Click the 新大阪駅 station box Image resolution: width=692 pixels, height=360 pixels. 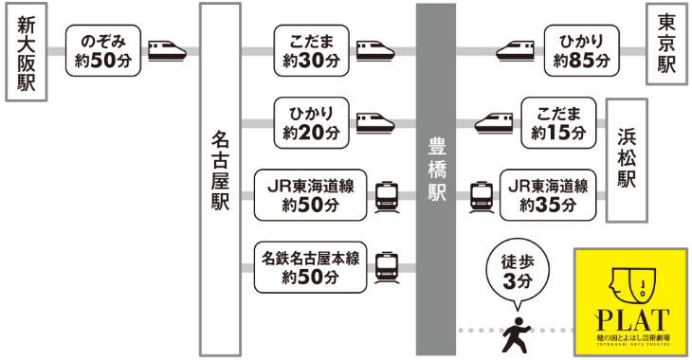click(25, 53)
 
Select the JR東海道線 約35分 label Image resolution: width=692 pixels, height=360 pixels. click(550, 195)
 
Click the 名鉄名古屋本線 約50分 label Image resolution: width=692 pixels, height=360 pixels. click(311, 266)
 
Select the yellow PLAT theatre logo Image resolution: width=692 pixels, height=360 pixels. click(630, 300)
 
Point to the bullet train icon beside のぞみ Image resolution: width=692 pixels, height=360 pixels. click(168, 49)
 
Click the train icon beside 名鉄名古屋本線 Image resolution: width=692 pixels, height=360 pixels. click(387, 266)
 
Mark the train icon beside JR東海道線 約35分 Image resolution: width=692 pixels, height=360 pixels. click(483, 195)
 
